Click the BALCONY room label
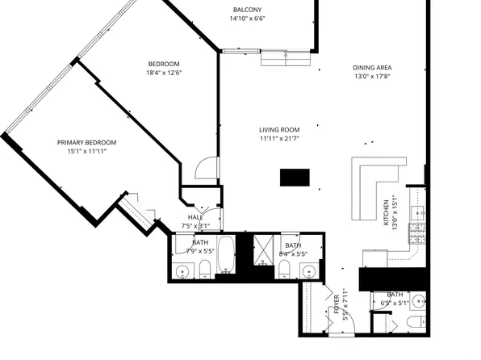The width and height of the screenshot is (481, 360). tap(246, 10)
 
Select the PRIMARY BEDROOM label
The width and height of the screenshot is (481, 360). tap(82, 142)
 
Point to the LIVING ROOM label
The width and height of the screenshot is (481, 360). tap(279, 129)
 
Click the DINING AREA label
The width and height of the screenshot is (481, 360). tap(372, 68)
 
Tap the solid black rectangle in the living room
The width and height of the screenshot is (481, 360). tap(295, 178)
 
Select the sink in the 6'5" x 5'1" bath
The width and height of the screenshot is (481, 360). tap(418, 302)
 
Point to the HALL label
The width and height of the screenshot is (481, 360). tap(195, 216)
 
